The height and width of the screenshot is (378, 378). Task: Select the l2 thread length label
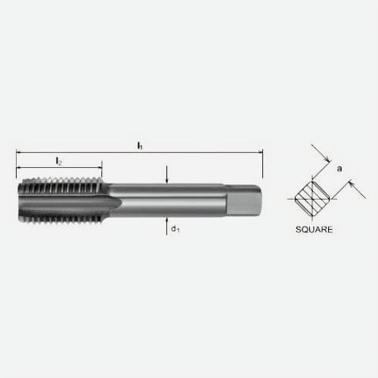[58, 161]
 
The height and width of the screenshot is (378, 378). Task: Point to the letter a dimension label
[339, 169]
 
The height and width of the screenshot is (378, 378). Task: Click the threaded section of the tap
[60, 200]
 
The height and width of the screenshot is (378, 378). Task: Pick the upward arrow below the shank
[166, 220]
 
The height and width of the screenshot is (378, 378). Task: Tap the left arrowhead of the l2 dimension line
[19, 167]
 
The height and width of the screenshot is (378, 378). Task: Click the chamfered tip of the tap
[20, 200]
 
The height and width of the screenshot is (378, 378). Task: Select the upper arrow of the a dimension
[326, 161]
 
